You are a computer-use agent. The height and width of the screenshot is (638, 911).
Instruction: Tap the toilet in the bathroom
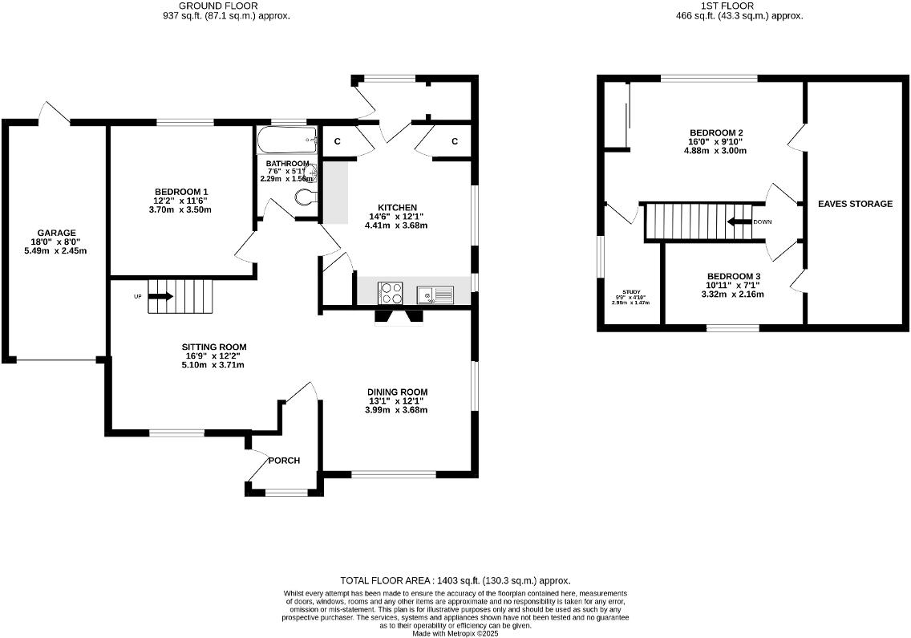point(306,197)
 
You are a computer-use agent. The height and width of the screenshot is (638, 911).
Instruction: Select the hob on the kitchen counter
point(391,293)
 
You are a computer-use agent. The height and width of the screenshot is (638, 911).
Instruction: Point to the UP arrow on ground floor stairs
point(160,296)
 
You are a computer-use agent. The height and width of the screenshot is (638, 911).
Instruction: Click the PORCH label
point(284,461)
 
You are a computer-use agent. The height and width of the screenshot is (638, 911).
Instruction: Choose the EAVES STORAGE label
point(855,204)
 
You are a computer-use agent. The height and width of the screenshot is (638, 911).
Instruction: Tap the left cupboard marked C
point(337,141)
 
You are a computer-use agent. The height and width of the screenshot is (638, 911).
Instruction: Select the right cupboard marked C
point(454,141)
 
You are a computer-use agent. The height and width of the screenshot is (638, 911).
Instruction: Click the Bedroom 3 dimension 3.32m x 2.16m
point(733,295)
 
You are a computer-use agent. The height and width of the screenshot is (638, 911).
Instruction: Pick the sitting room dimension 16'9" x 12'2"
point(213,356)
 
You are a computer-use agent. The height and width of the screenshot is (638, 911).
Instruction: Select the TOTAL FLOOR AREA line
point(455,580)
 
